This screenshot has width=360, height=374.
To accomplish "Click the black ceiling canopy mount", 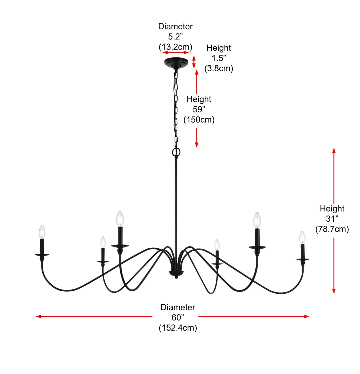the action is (176, 62).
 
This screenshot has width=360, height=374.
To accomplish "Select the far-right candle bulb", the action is (302, 237).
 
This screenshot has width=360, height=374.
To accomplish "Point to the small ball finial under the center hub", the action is (176, 277).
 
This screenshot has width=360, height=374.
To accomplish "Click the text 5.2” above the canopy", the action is (175, 36).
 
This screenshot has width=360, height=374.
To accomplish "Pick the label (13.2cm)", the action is (175, 47).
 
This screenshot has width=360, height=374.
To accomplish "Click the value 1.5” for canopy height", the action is (219, 58).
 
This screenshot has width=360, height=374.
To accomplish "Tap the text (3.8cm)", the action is (219, 68).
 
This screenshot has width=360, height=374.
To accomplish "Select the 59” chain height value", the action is (199, 109).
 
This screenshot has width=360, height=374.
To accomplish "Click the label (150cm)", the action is (199, 119).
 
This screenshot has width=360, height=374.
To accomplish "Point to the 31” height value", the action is (332, 218).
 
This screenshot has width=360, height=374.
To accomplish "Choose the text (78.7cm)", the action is (332, 229).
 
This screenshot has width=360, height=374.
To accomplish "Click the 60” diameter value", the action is (178, 317).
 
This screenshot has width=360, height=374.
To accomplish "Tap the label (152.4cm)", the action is (178, 328).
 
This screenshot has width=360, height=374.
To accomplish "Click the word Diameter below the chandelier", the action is (178, 307).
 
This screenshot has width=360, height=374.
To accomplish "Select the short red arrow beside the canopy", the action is (194, 62).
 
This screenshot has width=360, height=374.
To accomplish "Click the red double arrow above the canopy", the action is (176, 52).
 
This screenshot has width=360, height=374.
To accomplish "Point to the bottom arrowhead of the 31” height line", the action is (334, 291).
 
